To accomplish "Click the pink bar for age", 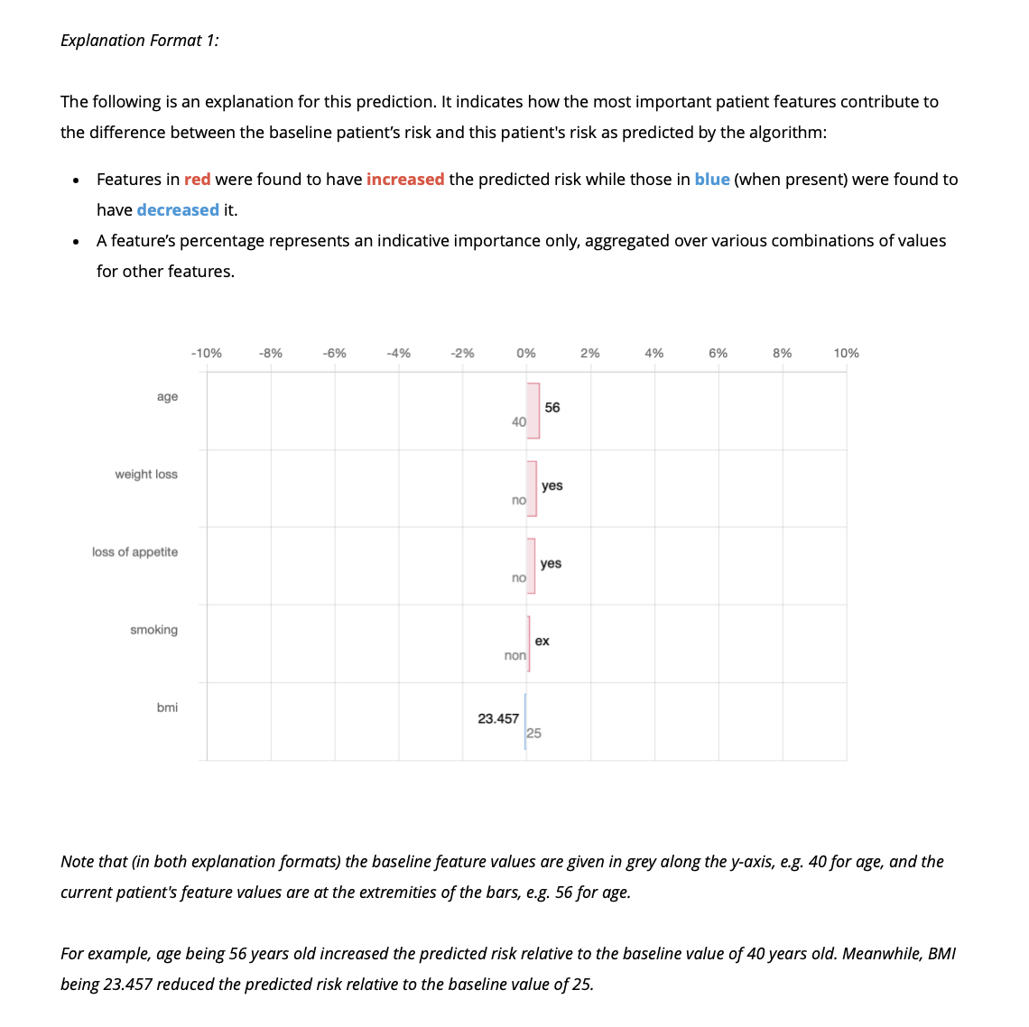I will click(x=533, y=411).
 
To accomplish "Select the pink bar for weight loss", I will click(x=532, y=488).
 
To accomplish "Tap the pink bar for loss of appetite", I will click(x=531, y=566).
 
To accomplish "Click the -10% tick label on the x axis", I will click(x=207, y=353).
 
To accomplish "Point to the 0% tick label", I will click(x=526, y=353).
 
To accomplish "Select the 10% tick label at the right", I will click(x=846, y=353).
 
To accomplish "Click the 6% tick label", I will click(x=718, y=353).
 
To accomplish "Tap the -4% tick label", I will click(x=398, y=353).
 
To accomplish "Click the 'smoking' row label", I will click(x=153, y=630).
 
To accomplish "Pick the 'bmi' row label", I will click(x=167, y=708).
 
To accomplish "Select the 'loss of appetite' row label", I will click(x=134, y=552).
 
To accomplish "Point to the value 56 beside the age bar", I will click(x=552, y=408).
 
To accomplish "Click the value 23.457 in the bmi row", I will click(x=498, y=718).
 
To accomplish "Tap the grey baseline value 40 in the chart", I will click(x=518, y=421).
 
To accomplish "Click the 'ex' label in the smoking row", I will click(x=542, y=641).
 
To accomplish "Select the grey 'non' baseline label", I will click(x=514, y=655).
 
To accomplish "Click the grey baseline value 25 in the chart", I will click(x=534, y=733).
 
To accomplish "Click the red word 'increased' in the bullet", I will click(x=405, y=180).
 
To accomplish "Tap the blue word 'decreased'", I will click(x=178, y=210).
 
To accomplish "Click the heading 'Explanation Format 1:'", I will click(x=140, y=41).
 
